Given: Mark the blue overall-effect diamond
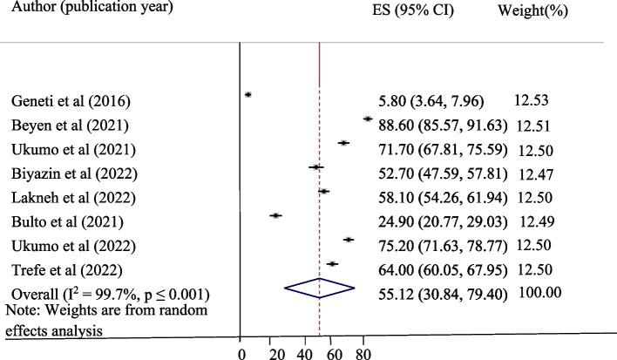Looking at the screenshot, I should [x=320, y=288].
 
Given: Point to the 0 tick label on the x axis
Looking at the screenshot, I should [x=241, y=353].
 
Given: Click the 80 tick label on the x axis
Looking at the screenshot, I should [x=363, y=353].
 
